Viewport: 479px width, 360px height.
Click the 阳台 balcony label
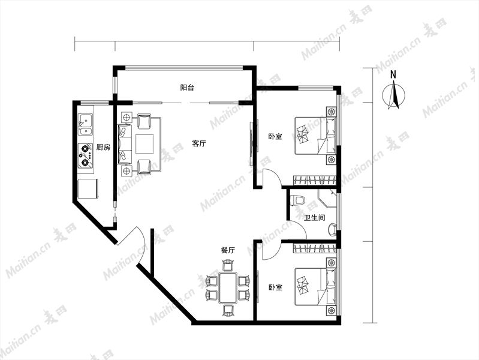pos(187,88)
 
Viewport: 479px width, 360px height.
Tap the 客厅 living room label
pos(199,143)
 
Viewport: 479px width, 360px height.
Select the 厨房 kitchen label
pos(103,147)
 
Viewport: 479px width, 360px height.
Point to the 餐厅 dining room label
pos(228,250)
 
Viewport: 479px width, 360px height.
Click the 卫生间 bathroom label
pos(314,218)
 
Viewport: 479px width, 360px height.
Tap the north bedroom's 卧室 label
pos(275,136)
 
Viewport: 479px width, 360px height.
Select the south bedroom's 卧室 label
pos(275,287)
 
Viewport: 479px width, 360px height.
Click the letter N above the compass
pos(393,74)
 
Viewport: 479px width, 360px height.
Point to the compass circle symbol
pos(394,95)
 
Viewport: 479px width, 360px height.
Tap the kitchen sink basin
pos(86,124)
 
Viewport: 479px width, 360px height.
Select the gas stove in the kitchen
pos(86,156)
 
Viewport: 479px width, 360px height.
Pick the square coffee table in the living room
pos(144,144)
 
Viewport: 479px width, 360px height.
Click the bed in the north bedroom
pos(315,135)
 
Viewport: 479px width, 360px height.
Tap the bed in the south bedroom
pos(315,287)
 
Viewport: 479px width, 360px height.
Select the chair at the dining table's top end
pos(228,265)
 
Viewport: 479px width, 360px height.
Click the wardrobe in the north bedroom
pos(315,180)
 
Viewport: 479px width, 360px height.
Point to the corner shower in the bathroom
pos(327,198)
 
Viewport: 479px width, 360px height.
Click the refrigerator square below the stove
pos(88,189)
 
